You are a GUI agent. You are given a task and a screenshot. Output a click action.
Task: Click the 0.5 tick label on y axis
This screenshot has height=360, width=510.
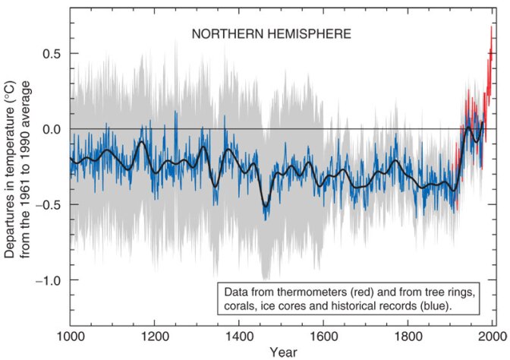point(50,53)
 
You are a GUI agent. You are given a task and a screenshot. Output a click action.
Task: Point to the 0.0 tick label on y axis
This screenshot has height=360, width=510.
point(50,129)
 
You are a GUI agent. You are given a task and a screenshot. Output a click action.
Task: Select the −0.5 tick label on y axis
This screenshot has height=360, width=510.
point(46,204)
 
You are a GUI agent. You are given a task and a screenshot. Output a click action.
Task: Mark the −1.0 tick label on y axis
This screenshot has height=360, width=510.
point(46,280)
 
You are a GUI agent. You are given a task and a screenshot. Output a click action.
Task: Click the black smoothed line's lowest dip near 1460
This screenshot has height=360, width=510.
point(266,205)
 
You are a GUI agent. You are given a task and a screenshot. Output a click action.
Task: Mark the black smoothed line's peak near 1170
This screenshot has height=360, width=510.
point(142,142)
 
